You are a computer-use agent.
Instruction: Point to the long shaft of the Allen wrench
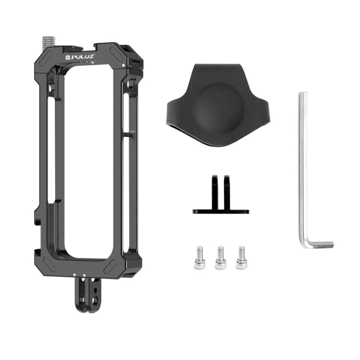pyautogui.click(x=302, y=168)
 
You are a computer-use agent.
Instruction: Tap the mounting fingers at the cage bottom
pyautogui.click(x=88, y=295)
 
